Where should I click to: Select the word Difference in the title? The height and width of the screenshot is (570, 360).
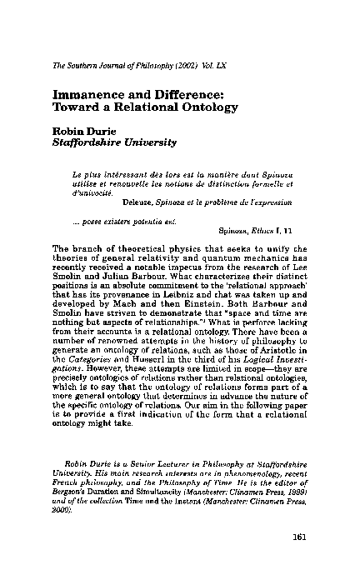click(186, 97)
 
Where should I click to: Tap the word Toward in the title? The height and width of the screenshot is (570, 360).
click(77, 111)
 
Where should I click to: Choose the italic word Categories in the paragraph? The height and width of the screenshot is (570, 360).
click(91, 370)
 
